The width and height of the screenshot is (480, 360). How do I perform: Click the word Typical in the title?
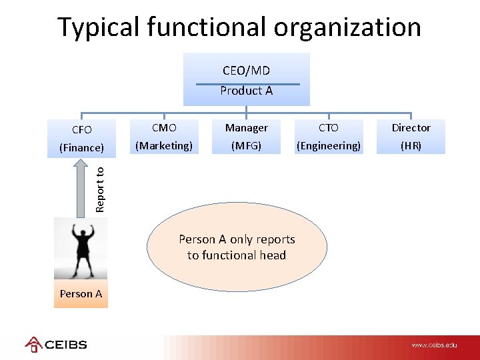(x=98, y=28)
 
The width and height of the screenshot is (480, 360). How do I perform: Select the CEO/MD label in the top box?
(x=246, y=70)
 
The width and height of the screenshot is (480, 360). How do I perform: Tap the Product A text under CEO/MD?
(x=246, y=91)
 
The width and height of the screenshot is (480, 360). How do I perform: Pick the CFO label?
(x=81, y=129)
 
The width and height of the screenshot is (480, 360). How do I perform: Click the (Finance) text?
(x=81, y=147)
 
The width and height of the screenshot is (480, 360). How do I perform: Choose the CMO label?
(x=164, y=127)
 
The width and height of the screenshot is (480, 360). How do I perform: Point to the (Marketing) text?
(x=164, y=145)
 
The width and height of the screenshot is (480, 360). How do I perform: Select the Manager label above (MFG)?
(x=246, y=127)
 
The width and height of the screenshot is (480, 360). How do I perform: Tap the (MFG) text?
(x=246, y=145)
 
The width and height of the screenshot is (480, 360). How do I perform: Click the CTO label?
(x=328, y=127)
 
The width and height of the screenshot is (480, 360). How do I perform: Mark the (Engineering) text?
(x=328, y=145)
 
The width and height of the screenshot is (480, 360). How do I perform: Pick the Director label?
(x=411, y=127)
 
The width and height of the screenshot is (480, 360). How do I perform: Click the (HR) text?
(x=411, y=145)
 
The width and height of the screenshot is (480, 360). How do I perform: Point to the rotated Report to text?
(x=100, y=189)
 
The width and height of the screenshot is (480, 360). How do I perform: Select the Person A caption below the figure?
(x=81, y=293)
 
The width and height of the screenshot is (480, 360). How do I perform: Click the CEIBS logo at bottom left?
(x=56, y=345)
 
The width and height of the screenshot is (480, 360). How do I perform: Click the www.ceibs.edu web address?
(x=434, y=345)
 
